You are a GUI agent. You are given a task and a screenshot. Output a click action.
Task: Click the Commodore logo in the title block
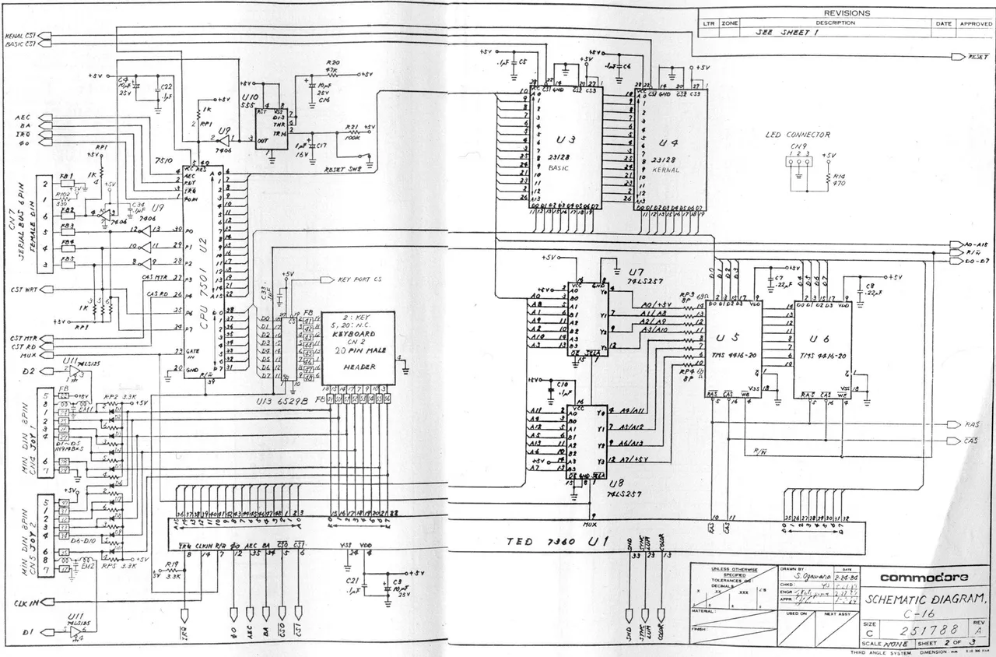pyautogui.click(x=924, y=578)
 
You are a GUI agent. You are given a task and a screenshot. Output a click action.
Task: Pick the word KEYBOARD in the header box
pyautogui.click(x=354, y=332)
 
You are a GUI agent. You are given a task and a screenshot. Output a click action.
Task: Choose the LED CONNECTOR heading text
pyautogui.click(x=798, y=135)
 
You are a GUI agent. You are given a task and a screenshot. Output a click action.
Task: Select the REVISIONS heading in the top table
pyautogui.click(x=847, y=13)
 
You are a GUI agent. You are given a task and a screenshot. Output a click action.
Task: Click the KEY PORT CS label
pyautogui.click(x=360, y=279)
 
